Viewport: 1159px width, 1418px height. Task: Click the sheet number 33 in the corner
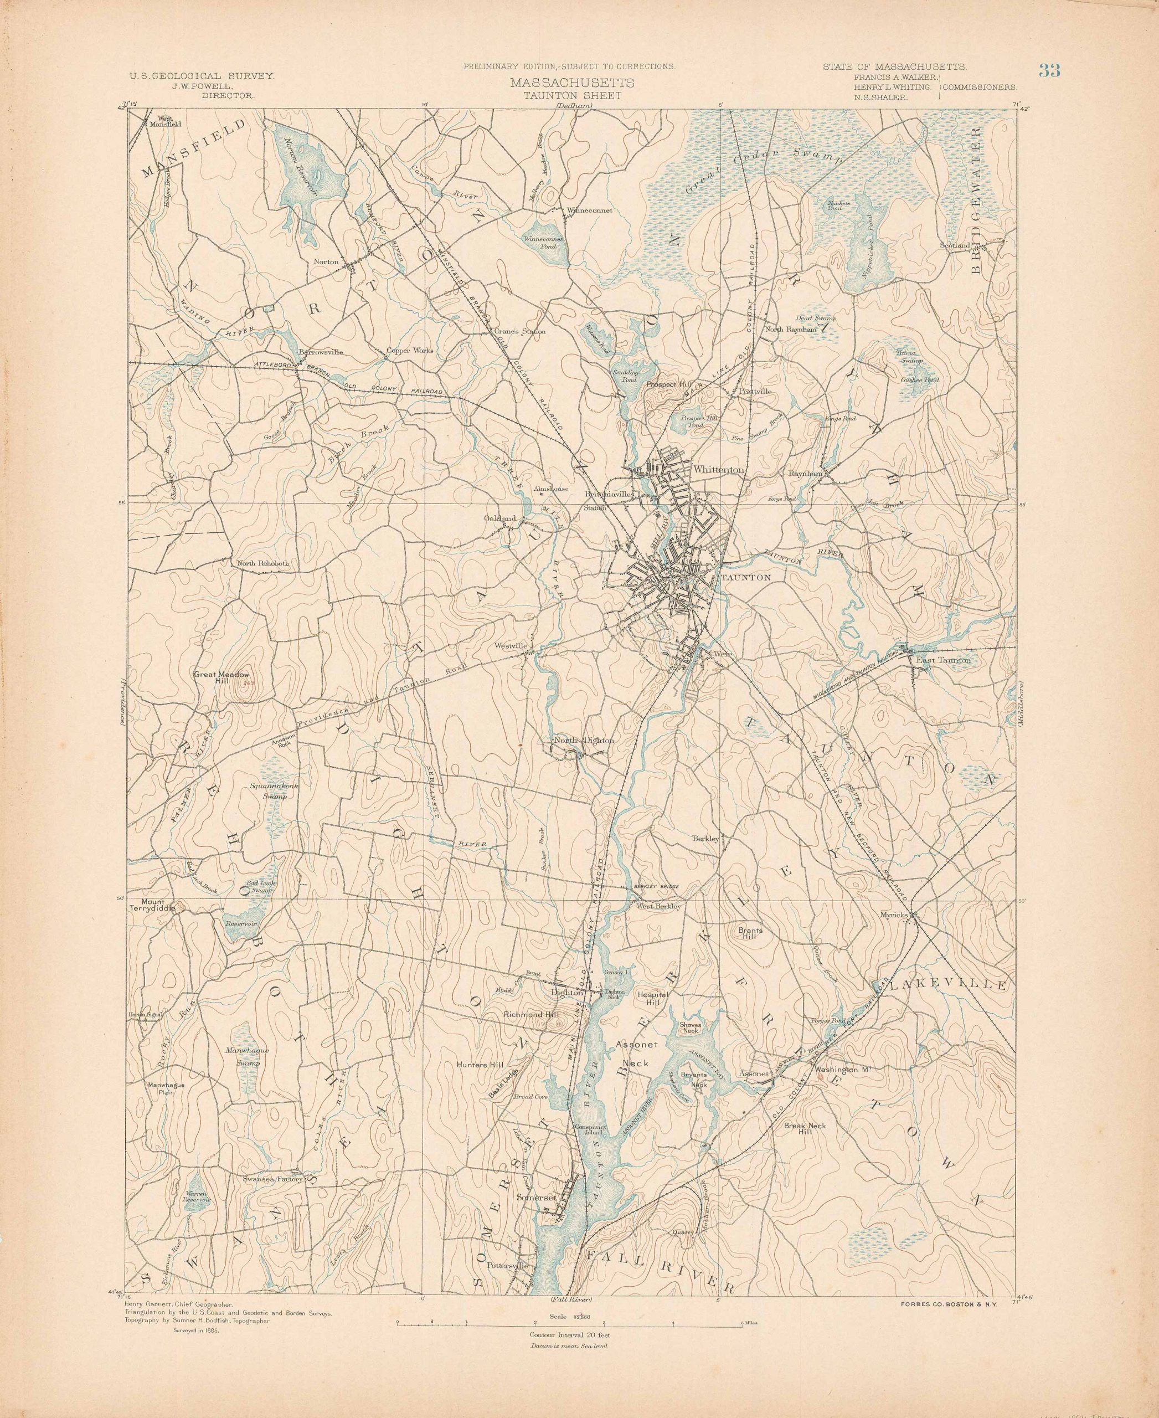point(1049,71)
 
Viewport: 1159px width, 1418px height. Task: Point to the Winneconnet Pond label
point(545,242)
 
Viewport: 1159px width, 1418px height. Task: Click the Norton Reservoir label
point(298,167)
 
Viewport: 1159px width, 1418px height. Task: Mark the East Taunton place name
point(942,660)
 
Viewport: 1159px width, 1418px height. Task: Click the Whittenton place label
point(718,470)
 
